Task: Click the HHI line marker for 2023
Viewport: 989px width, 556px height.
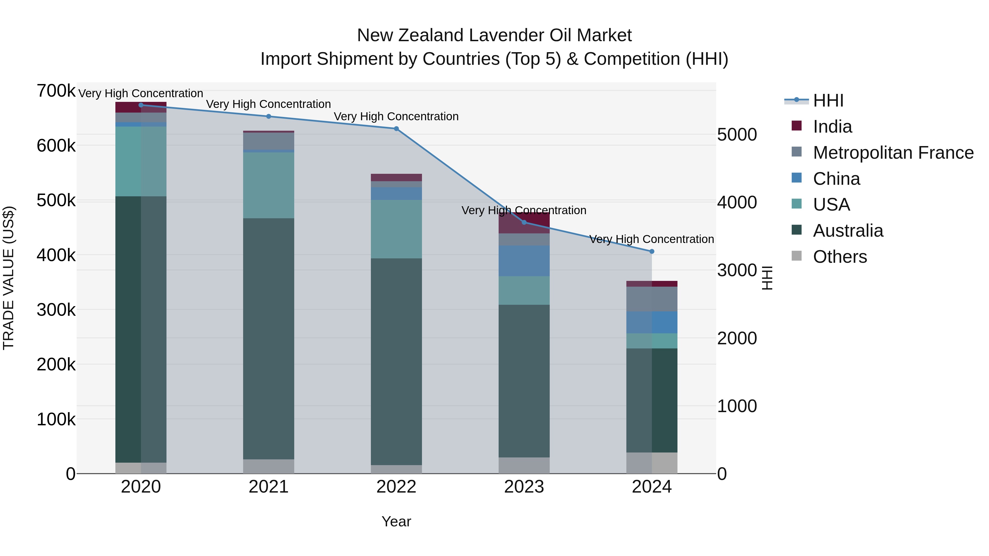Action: coord(524,223)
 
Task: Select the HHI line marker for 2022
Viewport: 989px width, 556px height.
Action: coord(396,129)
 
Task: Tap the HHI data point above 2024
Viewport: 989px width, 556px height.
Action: coord(652,251)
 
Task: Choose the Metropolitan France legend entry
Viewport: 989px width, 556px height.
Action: coord(893,153)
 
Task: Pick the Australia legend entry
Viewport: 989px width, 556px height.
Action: coord(848,231)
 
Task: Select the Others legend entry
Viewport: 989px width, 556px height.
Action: coord(840,257)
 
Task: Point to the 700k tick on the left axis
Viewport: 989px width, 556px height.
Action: coord(56,91)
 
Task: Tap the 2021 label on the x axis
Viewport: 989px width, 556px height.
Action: coord(268,487)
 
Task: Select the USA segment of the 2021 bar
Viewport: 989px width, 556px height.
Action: coord(268,185)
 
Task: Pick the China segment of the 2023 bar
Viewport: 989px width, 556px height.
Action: coord(524,261)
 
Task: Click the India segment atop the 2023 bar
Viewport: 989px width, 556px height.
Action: coord(524,223)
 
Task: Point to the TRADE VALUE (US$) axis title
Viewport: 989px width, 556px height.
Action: coord(9,278)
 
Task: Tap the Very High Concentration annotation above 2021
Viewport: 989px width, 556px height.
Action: coord(268,104)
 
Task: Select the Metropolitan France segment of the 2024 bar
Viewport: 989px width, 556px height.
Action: coord(652,299)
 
